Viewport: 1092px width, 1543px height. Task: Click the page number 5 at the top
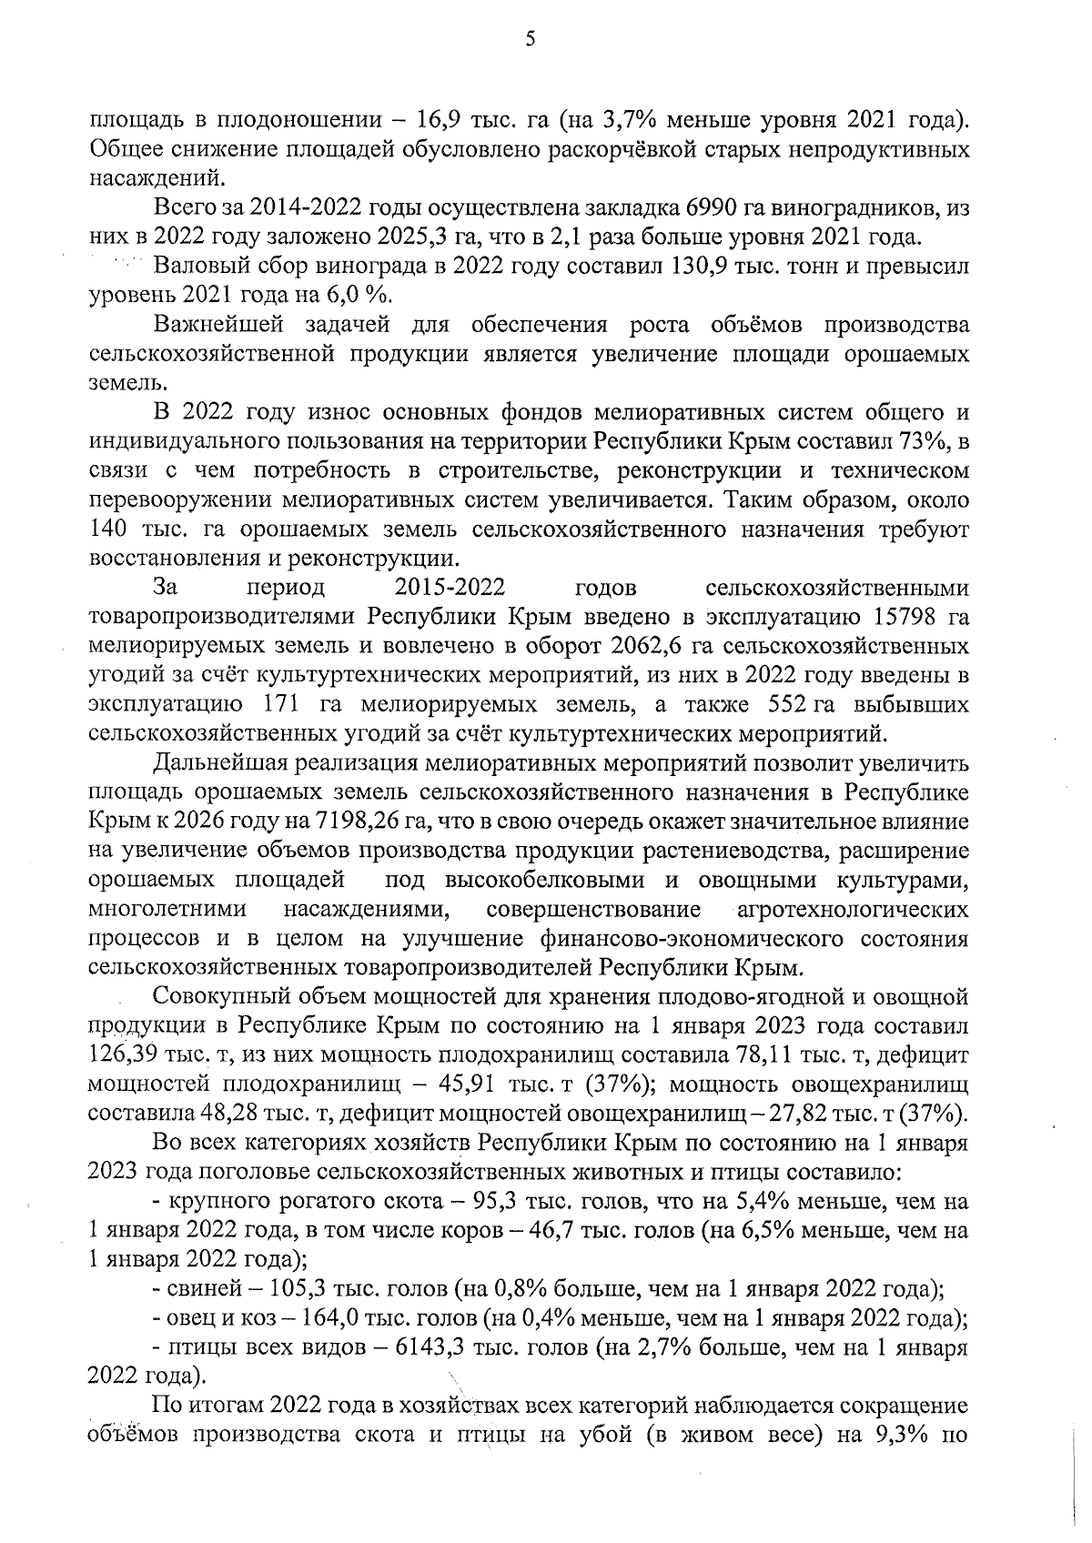[x=531, y=39]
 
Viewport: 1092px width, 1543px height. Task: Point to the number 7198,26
[x=356, y=821]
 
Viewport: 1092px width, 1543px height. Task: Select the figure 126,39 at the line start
[x=123, y=1054]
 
